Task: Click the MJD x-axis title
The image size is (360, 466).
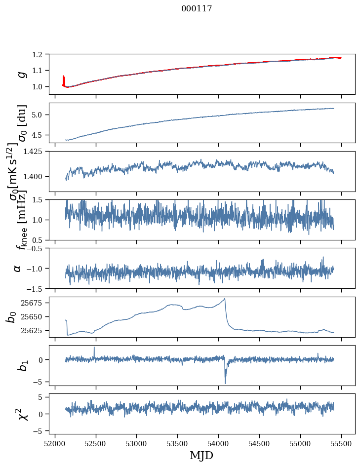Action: coord(201,455)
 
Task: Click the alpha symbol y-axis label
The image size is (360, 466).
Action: coord(18,268)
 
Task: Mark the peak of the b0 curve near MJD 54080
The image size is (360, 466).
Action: coord(225,299)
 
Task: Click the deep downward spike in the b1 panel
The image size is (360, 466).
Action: coord(225,383)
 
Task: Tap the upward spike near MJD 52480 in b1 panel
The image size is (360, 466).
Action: coord(94,347)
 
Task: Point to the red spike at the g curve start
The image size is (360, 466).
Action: coord(64,79)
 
